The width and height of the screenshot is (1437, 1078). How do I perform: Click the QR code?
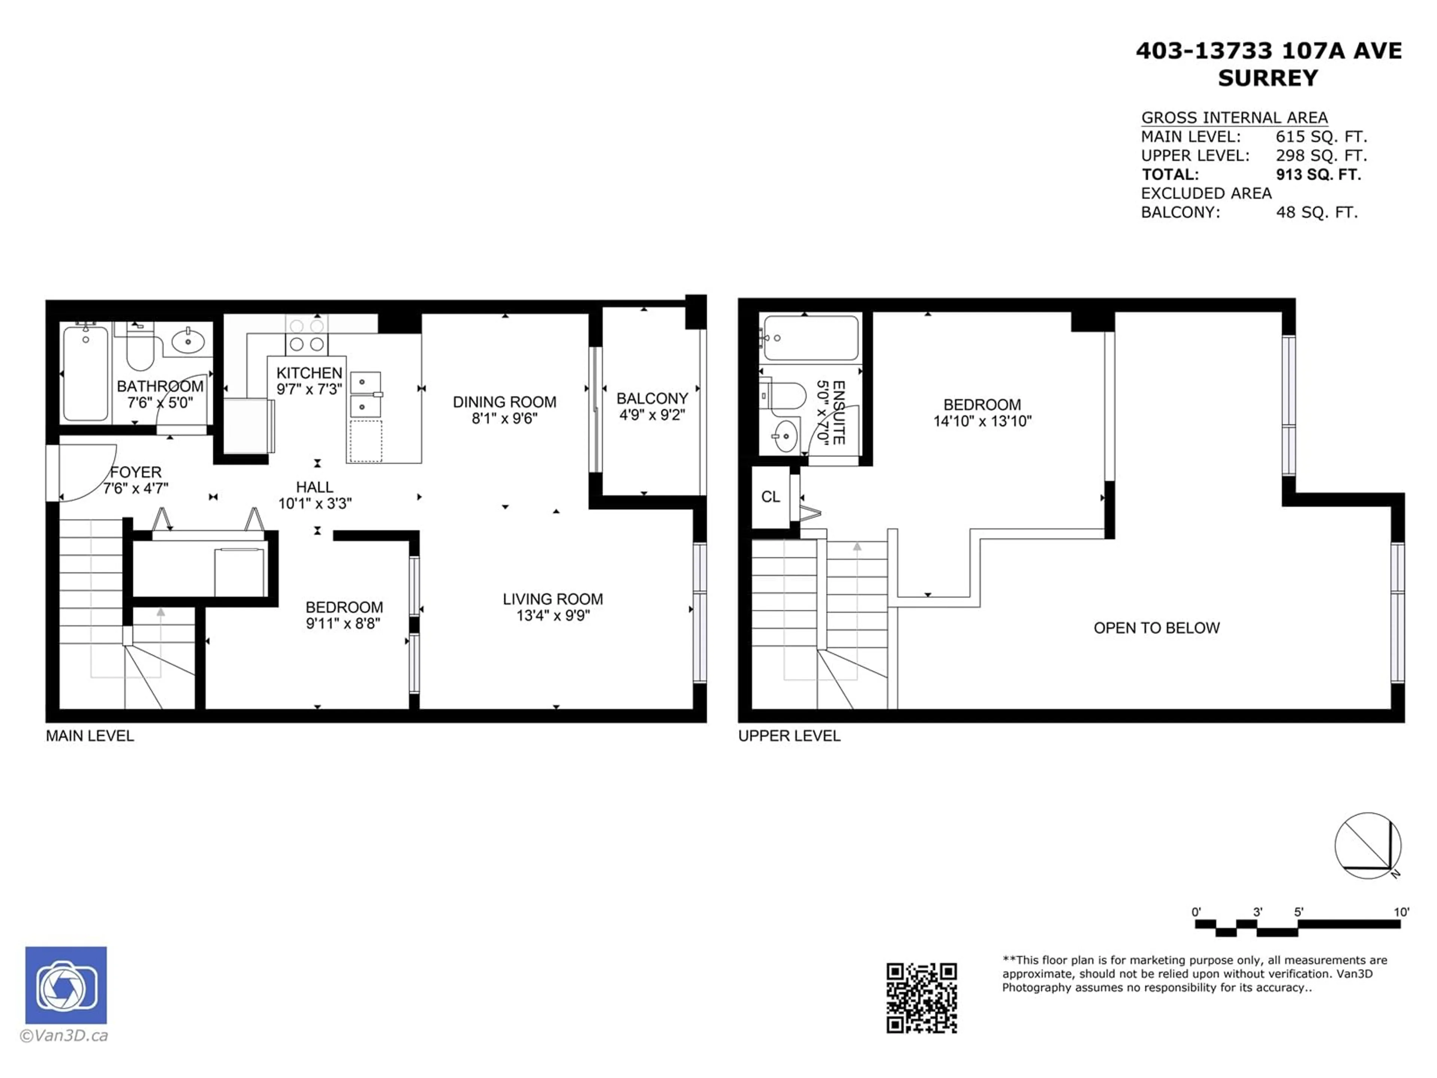click(x=921, y=998)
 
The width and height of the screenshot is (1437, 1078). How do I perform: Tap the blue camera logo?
click(x=65, y=985)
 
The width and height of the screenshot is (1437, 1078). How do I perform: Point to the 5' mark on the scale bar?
click(x=1298, y=912)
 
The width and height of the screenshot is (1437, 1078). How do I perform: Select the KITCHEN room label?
click(x=309, y=373)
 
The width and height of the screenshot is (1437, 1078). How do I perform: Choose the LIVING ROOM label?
click(x=553, y=599)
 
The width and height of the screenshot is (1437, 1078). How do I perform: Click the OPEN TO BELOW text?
click(x=1156, y=628)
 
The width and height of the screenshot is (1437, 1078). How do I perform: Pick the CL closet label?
click(x=771, y=497)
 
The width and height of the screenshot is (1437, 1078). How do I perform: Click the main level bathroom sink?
click(x=188, y=340)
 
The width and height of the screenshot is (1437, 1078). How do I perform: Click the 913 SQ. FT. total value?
click(x=1318, y=174)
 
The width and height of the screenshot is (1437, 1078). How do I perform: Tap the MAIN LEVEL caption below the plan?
click(x=90, y=736)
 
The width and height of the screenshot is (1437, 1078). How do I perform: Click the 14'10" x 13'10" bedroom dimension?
click(x=982, y=421)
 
